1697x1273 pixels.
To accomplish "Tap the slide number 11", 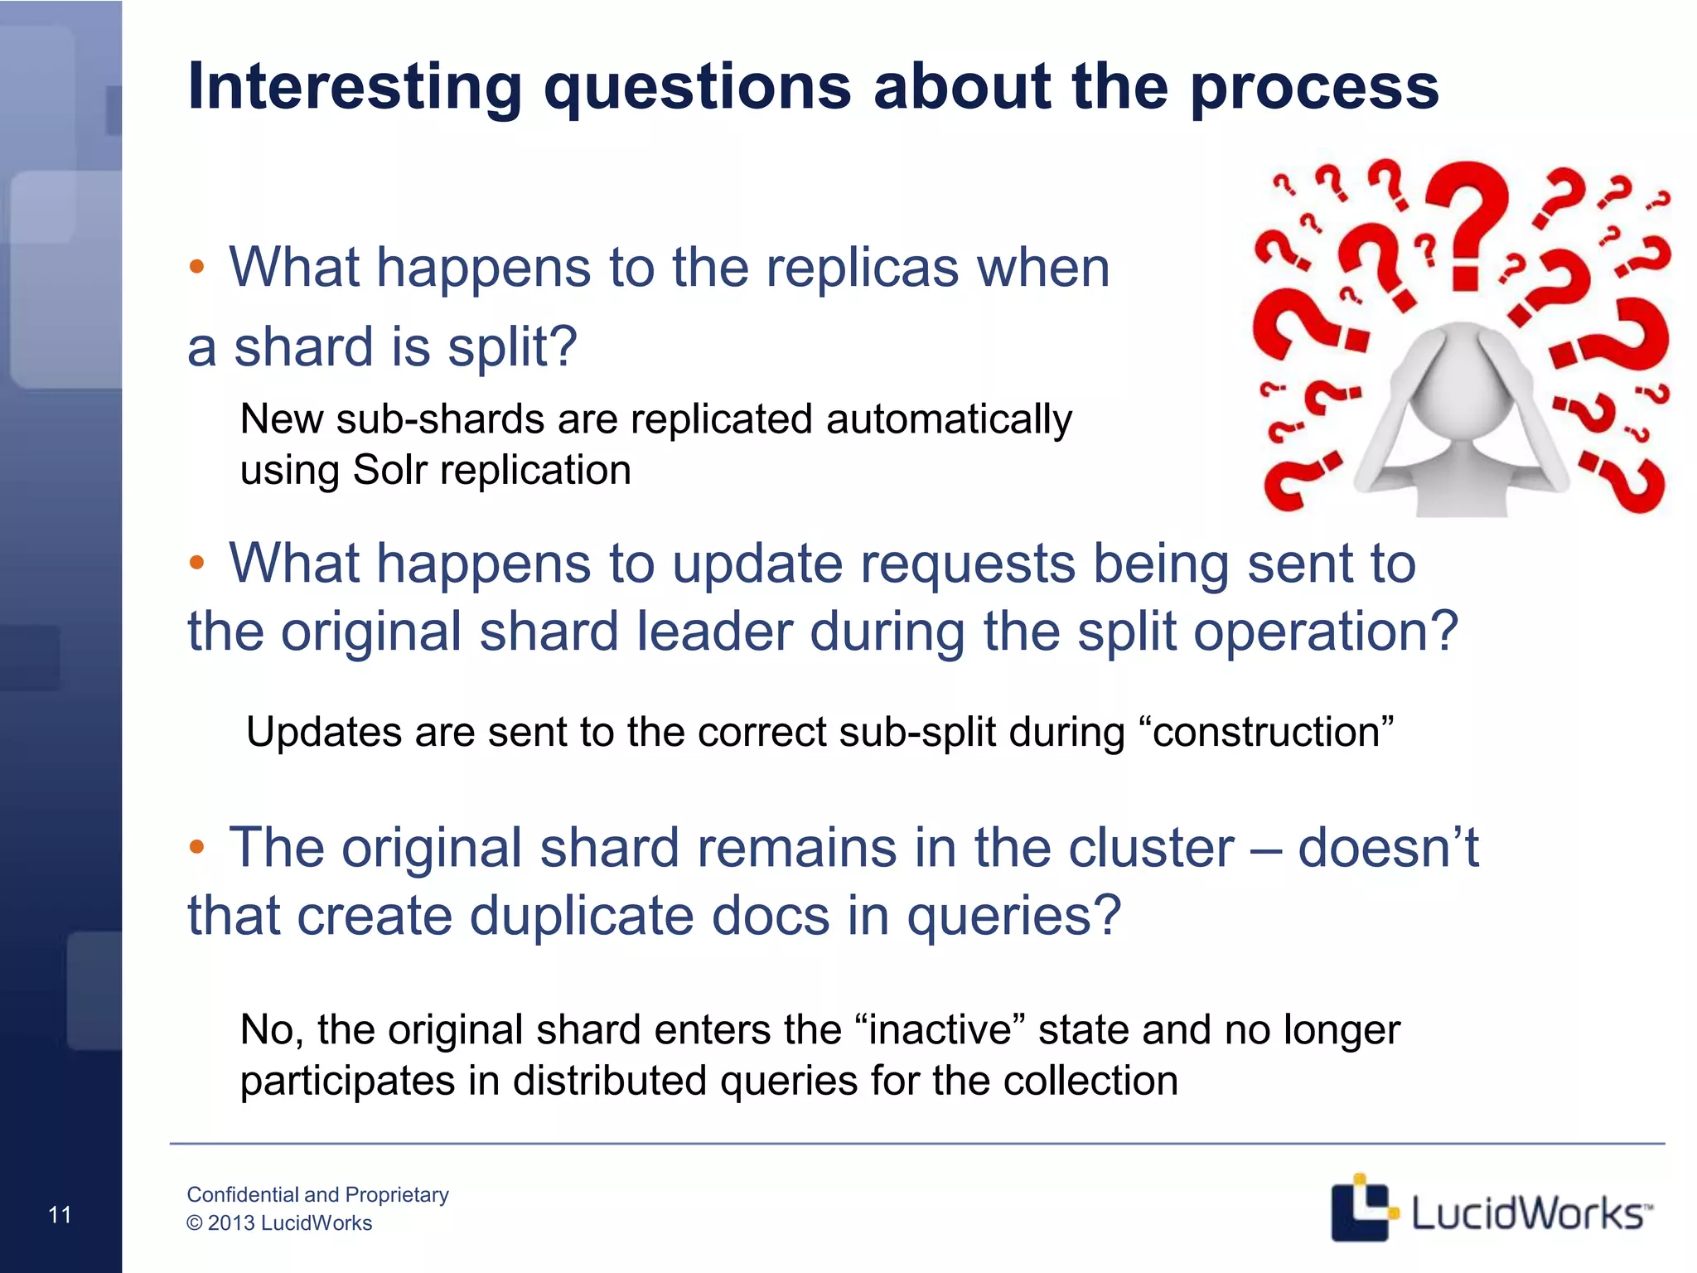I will coord(60,1215).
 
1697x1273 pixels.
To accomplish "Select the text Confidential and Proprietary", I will coord(317,1194).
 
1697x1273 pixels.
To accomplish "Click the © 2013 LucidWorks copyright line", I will coord(279,1223).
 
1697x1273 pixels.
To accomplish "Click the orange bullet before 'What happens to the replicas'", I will coord(196,267).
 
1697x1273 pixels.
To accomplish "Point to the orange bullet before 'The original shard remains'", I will coord(196,847).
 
